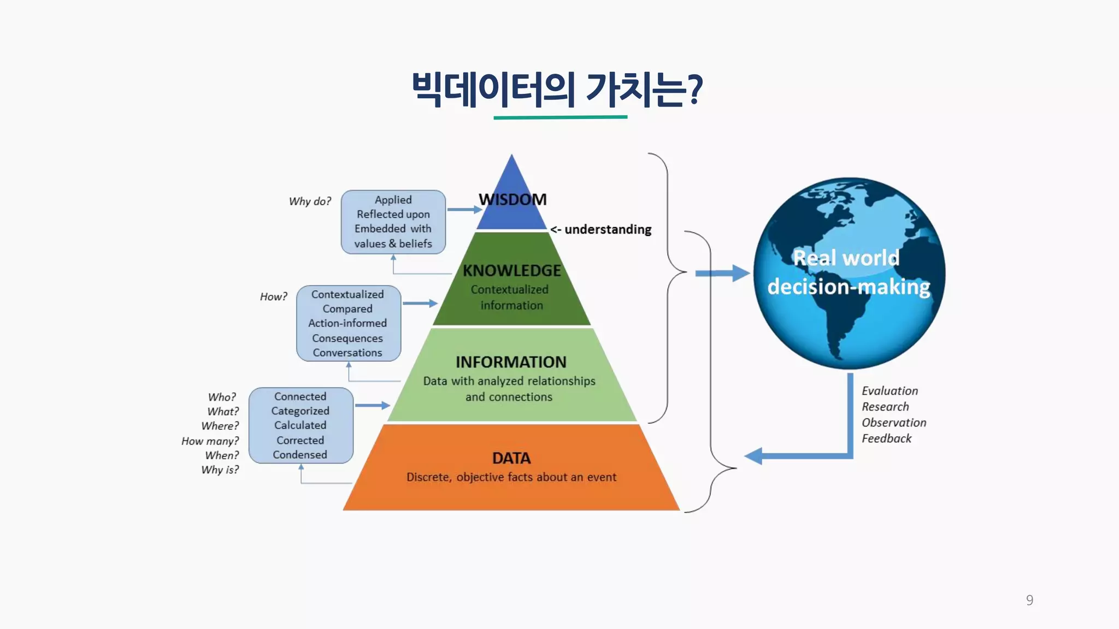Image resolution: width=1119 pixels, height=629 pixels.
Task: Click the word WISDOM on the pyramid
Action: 513,200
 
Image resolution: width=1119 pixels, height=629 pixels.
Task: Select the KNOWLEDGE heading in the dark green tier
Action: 512,271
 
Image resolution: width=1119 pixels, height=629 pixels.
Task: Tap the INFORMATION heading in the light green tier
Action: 511,362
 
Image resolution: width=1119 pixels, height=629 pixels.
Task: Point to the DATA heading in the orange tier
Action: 511,458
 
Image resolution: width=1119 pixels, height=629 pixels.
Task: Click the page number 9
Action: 1029,600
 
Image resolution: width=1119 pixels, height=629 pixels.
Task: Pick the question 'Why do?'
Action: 310,201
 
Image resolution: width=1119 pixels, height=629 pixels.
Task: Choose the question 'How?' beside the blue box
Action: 273,296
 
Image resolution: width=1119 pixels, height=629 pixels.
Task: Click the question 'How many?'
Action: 210,441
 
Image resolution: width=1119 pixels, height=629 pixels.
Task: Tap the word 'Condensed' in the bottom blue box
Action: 300,455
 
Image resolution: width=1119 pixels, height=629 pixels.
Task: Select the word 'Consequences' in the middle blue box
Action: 348,339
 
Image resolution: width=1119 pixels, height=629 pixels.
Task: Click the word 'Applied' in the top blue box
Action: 393,200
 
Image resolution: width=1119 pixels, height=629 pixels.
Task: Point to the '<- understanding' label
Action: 601,230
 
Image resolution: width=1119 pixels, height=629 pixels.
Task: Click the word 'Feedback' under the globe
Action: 886,438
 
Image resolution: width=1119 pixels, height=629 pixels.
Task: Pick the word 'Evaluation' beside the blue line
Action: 890,391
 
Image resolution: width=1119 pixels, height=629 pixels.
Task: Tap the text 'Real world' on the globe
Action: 846,258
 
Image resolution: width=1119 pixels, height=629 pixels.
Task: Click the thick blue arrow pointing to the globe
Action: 721,273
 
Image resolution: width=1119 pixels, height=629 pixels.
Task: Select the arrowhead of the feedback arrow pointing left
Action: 754,456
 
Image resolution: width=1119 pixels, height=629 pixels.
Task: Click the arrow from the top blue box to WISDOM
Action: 464,209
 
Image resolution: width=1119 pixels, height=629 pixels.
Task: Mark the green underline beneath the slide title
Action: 560,117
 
